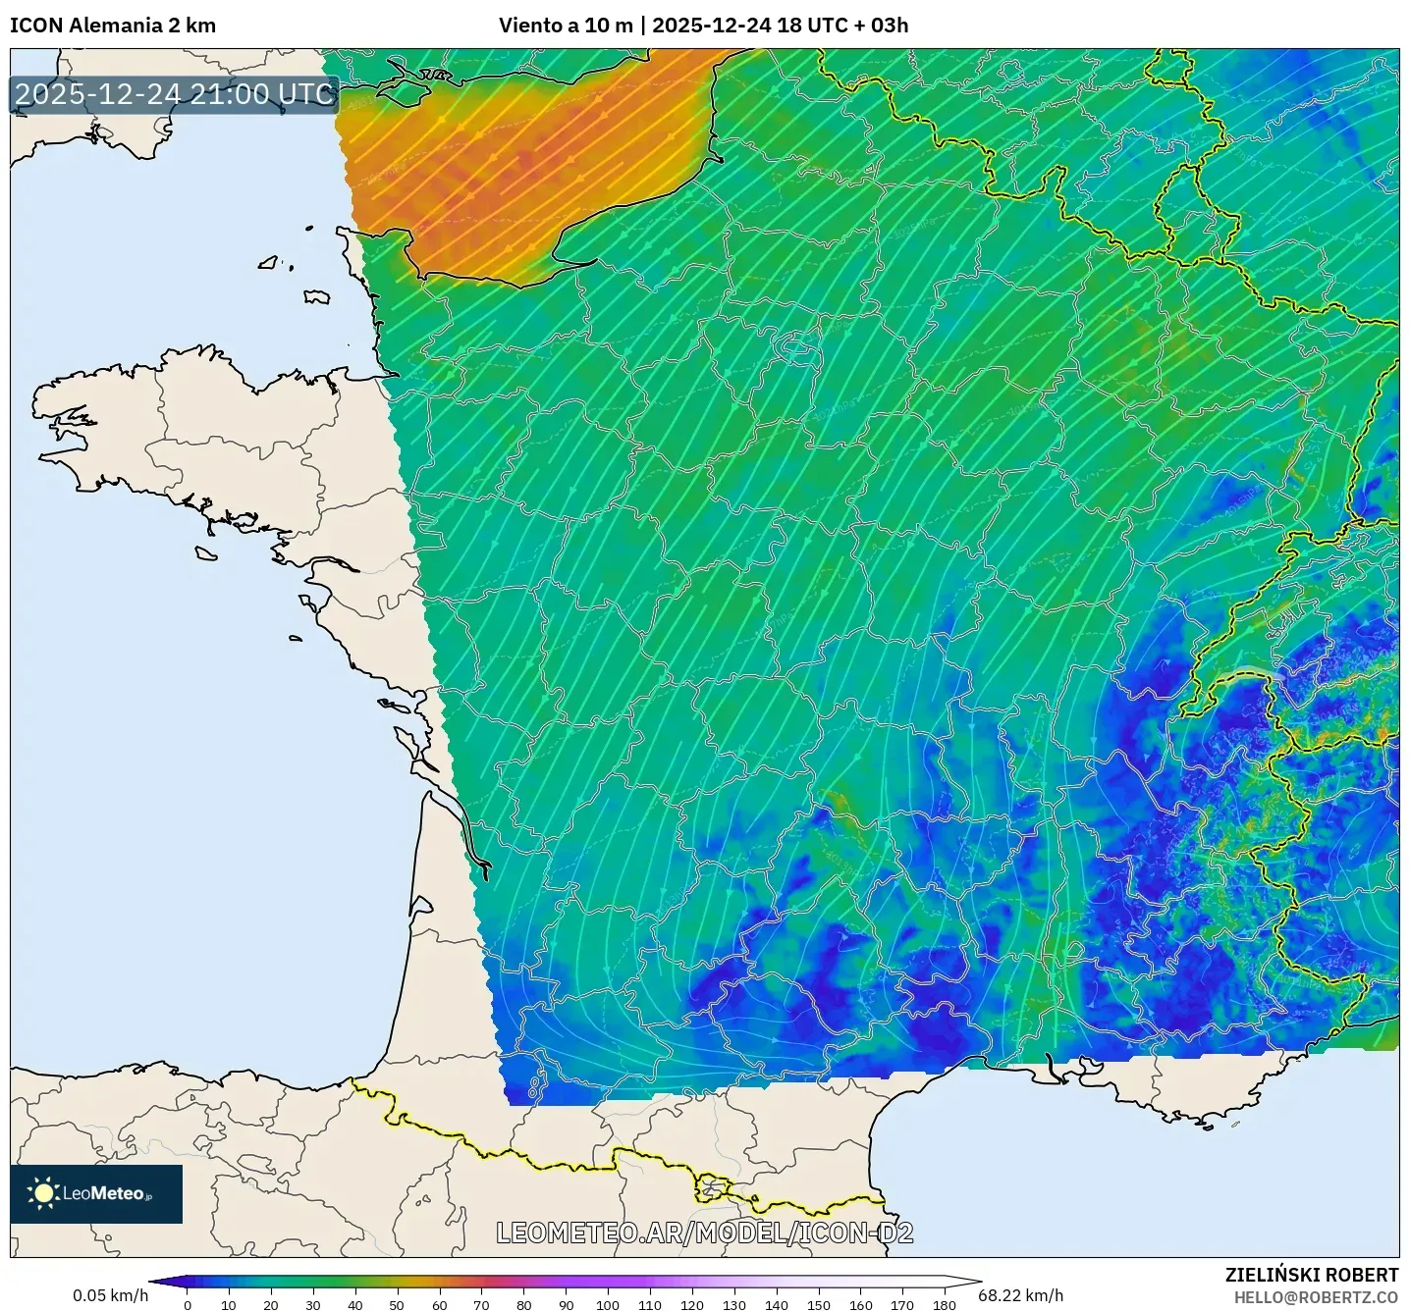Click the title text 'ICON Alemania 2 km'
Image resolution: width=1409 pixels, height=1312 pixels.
coord(113,26)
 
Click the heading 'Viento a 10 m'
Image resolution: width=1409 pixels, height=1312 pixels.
coord(565,26)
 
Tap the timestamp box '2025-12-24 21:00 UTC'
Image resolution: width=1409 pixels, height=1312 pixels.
coord(175,94)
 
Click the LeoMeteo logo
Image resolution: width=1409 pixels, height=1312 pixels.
coord(96,1194)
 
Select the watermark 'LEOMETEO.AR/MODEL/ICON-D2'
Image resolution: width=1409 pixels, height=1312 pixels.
coord(704,1233)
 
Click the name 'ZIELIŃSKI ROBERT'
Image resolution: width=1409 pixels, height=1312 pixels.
coord(1311,1275)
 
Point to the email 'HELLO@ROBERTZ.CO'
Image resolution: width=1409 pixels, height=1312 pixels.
coord(1316,1297)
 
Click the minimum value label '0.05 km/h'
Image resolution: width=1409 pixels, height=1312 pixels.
coord(110,1295)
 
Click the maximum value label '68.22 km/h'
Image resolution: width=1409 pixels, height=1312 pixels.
coord(1021,1295)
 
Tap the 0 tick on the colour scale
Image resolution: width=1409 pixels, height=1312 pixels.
coord(188,1305)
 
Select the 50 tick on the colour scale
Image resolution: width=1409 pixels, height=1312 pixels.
coord(397,1305)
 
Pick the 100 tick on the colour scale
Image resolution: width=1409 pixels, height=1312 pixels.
coord(608,1305)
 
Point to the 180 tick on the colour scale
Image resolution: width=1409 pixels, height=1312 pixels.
coord(945,1305)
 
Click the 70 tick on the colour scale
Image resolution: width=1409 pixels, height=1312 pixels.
coord(481,1305)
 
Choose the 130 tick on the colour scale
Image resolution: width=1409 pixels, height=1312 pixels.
coord(734,1305)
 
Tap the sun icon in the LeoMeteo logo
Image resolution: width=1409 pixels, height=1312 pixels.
coord(43,1193)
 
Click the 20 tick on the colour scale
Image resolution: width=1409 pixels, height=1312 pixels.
coord(271,1305)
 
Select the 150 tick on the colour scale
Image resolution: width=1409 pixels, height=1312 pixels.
coord(819,1305)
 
